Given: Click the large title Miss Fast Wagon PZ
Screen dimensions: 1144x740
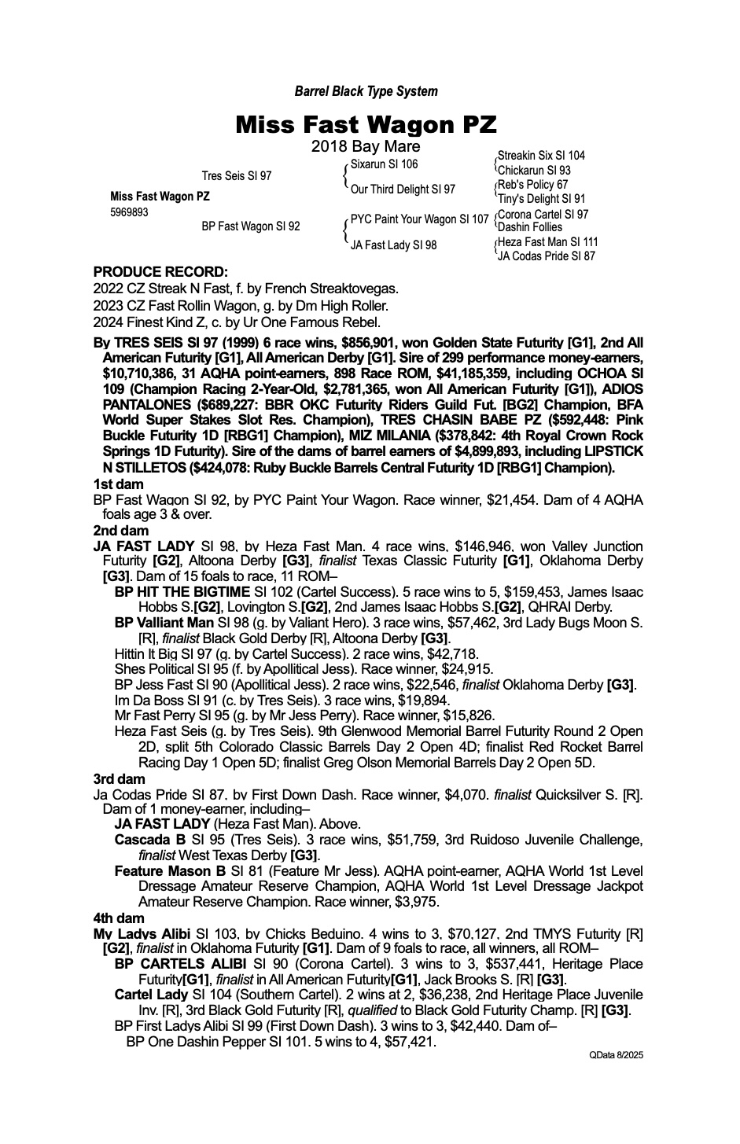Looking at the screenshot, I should pos(366,124).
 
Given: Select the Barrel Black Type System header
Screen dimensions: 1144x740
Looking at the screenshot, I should pos(366,91).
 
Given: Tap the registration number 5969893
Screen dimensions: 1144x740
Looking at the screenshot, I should pos(129,212).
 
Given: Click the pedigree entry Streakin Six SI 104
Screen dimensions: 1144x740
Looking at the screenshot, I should pos(541,156).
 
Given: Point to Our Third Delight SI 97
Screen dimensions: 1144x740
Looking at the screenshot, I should pos(403,189).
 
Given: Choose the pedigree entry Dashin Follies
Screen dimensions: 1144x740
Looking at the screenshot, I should pos(530,227).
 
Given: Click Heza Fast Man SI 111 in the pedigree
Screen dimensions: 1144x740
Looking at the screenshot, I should pos(547,242).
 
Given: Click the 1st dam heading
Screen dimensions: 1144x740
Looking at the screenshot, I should pos(116,484).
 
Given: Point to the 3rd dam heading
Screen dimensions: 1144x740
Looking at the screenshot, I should pos(119,779).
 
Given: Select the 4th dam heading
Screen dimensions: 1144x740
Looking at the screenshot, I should pos(119,918).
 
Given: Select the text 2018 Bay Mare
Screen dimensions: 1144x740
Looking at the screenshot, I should pos(366,147).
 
